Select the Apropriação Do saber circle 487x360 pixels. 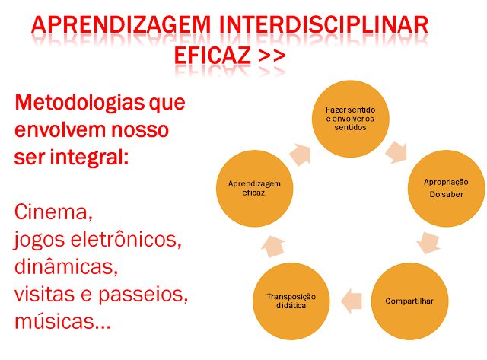[x=444, y=188]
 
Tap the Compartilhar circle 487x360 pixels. [x=409, y=300]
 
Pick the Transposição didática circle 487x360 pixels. [x=291, y=300]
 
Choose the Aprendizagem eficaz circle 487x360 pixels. [x=254, y=188]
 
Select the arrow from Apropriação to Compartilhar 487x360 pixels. [x=428, y=243]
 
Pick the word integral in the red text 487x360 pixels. [x=87, y=158]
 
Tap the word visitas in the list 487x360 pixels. [x=47, y=294]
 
